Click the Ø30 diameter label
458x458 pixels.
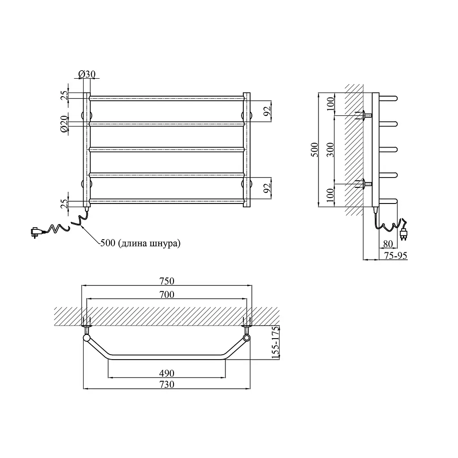(x=87, y=74)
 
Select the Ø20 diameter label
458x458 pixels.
(x=64, y=124)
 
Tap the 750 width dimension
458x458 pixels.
(x=166, y=281)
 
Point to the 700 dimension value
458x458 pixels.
(x=167, y=294)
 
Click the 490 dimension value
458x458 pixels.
(x=167, y=373)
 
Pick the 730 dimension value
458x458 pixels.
(x=167, y=384)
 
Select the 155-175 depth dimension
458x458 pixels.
(x=275, y=343)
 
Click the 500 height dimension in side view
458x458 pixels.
(x=314, y=150)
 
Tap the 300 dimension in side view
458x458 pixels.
(x=330, y=150)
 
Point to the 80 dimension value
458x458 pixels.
(x=388, y=244)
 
